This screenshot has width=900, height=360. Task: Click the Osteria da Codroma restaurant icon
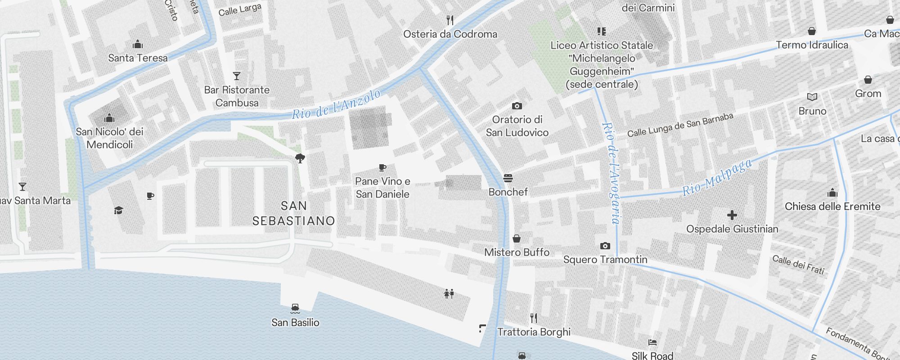click(x=450, y=20)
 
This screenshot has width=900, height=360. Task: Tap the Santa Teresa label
click(x=138, y=58)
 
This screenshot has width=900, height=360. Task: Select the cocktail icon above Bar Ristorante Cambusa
click(x=237, y=76)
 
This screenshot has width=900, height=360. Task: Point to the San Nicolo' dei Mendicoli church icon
click(x=109, y=118)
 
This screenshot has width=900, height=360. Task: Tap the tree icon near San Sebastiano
click(x=300, y=158)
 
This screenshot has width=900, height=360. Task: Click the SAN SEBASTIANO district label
click(x=293, y=213)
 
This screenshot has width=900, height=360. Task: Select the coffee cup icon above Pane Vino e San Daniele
click(x=382, y=167)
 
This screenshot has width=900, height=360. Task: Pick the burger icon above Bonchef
click(x=508, y=178)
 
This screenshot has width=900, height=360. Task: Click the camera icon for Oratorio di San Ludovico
click(x=517, y=106)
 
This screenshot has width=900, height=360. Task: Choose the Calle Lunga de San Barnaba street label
click(x=680, y=125)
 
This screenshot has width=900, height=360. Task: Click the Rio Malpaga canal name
click(x=717, y=177)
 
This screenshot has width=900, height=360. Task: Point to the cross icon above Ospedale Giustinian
click(x=732, y=215)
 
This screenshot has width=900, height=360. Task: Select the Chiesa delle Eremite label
click(x=832, y=207)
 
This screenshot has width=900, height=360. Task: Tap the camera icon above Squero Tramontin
click(x=605, y=246)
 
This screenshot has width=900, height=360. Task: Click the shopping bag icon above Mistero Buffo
click(x=517, y=238)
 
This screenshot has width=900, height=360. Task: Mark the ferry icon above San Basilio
click(x=295, y=308)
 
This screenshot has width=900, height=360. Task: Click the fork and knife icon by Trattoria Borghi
click(x=534, y=318)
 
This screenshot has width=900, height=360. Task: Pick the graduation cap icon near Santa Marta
click(x=118, y=210)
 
